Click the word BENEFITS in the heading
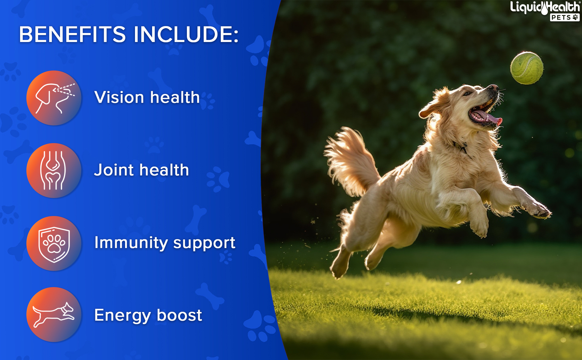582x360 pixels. (x=72, y=34)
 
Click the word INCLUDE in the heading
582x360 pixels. (x=186, y=34)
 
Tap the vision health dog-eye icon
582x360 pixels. (x=54, y=98)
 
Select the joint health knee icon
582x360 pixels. (x=54, y=170)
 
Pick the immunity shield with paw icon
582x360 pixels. (x=54, y=243)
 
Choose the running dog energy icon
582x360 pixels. (x=54, y=315)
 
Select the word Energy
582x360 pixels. (x=123, y=316)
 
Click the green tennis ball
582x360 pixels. (x=527, y=68)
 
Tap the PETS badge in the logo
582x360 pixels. (x=565, y=18)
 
